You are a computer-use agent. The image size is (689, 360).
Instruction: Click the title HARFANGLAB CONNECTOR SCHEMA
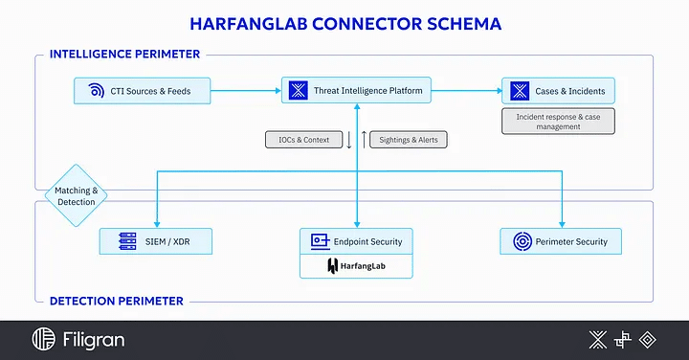[x=344, y=21]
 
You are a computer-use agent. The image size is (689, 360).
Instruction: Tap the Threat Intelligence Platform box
[x=356, y=92]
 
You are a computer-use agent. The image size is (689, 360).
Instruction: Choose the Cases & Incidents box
[x=559, y=92]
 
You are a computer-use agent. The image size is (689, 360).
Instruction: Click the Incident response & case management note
[x=559, y=121]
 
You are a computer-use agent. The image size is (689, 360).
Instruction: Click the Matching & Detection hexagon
[x=76, y=196]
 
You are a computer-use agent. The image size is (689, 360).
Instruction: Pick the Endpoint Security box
[x=356, y=241]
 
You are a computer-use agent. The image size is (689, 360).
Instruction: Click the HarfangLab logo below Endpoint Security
[x=356, y=266]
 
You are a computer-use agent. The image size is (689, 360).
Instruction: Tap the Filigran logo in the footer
[x=78, y=340]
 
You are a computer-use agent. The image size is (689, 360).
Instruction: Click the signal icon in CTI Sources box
[x=96, y=92]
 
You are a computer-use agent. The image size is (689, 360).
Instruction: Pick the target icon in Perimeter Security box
[x=522, y=241]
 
